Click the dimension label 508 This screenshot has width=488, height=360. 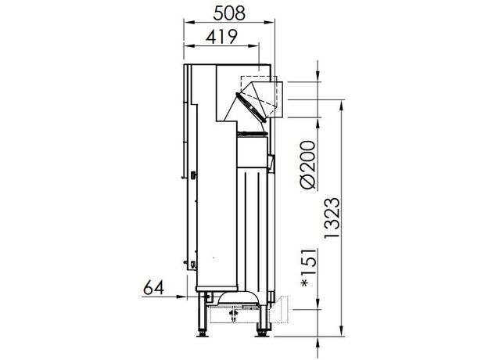(229, 13)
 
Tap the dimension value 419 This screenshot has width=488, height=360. (221, 37)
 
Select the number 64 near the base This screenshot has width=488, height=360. (153, 288)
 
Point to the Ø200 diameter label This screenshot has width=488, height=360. (308, 165)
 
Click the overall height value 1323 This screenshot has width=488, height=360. (332, 218)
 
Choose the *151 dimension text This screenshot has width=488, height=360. (309, 268)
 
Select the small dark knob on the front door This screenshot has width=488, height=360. (193, 175)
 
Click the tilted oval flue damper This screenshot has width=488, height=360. (251, 107)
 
